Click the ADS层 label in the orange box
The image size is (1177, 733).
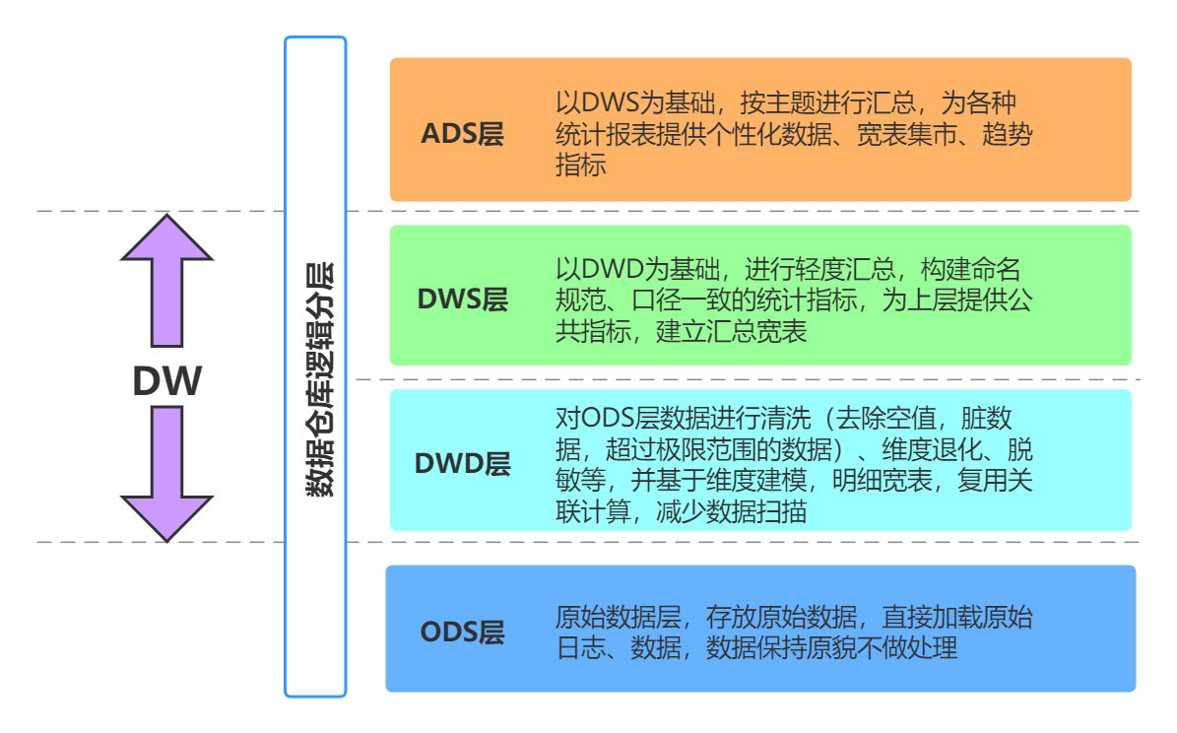(462, 134)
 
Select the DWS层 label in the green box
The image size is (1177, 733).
(462, 300)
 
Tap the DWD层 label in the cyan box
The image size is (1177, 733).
(462, 462)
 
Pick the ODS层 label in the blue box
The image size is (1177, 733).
(462, 632)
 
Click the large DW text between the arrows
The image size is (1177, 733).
(167, 381)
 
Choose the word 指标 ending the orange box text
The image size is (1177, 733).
(580, 166)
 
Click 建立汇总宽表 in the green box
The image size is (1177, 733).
(731, 331)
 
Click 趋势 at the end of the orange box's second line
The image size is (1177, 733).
(1008, 134)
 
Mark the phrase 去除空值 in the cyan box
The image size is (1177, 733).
(893, 419)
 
